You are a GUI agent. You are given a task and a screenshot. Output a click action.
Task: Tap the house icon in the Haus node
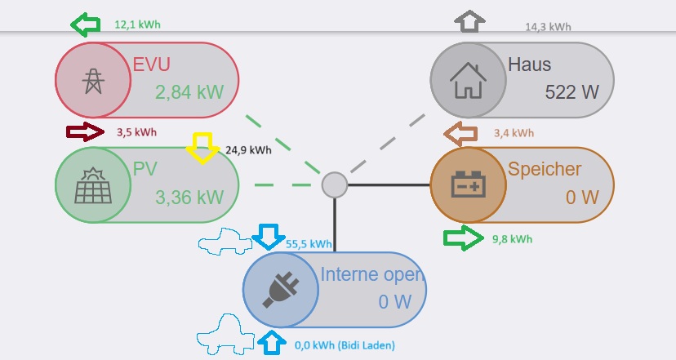click(x=469, y=80)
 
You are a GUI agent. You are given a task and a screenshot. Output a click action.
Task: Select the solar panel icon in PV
click(x=91, y=185)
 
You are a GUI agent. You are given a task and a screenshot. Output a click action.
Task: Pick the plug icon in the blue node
click(x=280, y=290)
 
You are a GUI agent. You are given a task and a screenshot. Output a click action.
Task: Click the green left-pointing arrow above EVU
click(x=85, y=25)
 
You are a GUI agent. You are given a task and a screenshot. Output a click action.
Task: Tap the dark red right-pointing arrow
click(x=85, y=131)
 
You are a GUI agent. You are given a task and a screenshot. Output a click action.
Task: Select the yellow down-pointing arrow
click(x=202, y=149)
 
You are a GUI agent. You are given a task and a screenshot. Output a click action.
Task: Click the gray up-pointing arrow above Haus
click(x=469, y=21)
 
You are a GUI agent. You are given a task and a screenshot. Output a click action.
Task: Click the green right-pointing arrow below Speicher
click(x=462, y=238)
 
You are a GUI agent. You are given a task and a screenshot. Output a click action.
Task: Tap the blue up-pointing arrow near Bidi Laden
click(x=269, y=343)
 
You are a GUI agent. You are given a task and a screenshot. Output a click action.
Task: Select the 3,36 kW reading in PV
click(x=189, y=197)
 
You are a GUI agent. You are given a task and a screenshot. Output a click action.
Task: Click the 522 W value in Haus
click(x=571, y=91)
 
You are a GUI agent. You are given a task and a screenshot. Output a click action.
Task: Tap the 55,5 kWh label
click(x=309, y=243)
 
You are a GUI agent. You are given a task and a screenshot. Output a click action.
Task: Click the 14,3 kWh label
click(x=548, y=27)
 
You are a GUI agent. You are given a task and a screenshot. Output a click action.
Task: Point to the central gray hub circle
click(x=334, y=185)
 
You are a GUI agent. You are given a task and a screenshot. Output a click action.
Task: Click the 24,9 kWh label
click(x=248, y=149)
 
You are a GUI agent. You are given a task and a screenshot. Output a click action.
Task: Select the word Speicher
click(x=545, y=170)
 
